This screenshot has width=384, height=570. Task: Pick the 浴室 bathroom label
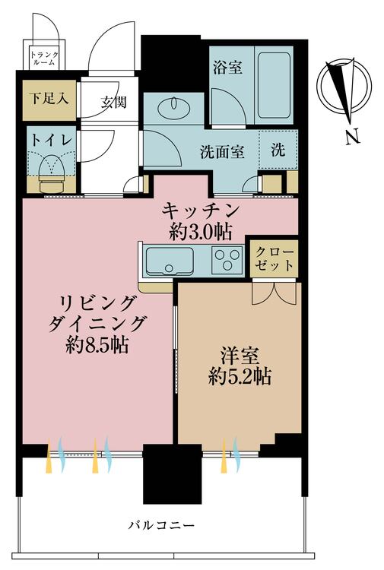coord(227,68)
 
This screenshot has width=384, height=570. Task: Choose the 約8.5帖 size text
coord(97,346)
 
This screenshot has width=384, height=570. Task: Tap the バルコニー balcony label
coord(161,526)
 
